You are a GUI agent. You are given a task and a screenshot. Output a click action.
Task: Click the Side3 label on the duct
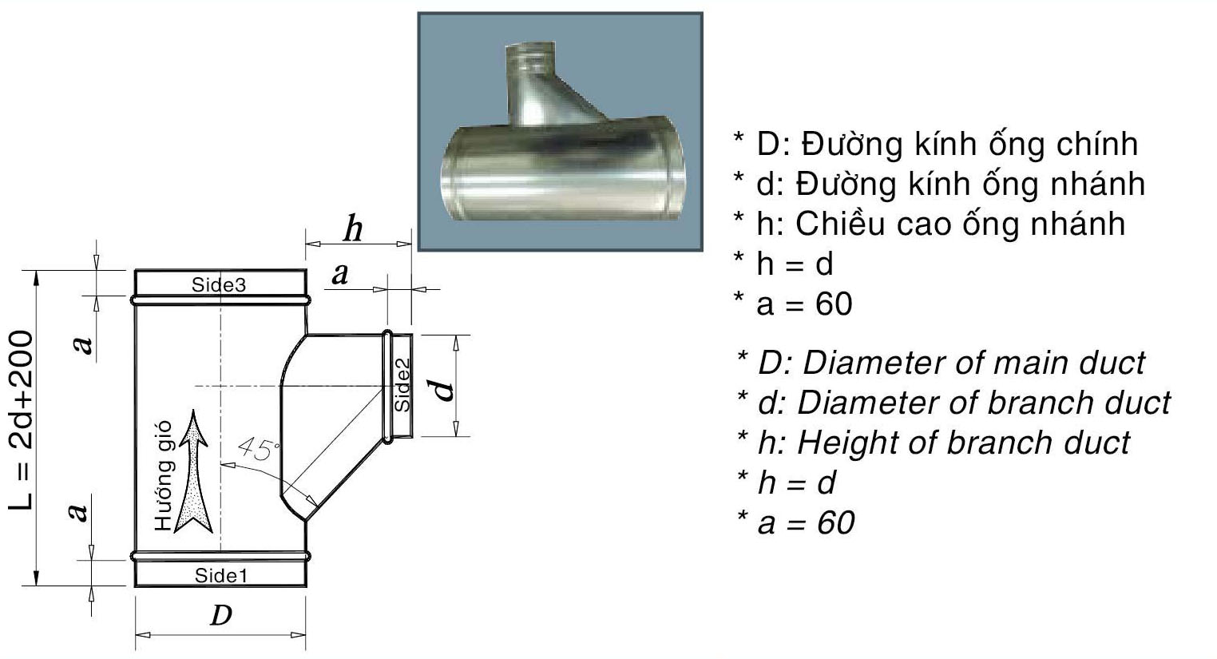pyautogui.click(x=219, y=284)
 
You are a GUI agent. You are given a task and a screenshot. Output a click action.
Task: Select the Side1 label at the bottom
pyautogui.click(x=222, y=575)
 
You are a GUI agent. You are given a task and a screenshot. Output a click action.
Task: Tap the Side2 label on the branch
pyautogui.click(x=403, y=385)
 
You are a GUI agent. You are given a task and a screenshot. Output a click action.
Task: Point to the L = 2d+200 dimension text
pyautogui.click(x=22, y=419)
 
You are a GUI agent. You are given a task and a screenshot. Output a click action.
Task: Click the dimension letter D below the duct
pyautogui.click(x=220, y=615)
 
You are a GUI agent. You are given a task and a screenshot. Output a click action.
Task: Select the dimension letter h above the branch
pyautogui.click(x=352, y=230)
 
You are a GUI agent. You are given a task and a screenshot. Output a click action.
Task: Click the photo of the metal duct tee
pyautogui.click(x=560, y=132)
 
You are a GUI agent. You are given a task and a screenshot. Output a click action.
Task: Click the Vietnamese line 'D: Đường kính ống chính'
pyautogui.click(x=935, y=144)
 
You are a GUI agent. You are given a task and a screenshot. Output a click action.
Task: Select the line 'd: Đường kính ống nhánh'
pyautogui.click(x=939, y=184)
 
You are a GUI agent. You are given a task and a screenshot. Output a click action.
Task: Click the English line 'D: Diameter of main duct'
pyautogui.click(x=941, y=363)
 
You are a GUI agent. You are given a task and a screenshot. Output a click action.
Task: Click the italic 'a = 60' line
pyautogui.click(x=795, y=522)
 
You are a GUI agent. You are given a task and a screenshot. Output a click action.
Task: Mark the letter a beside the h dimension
pyautogui.click(x=340, y=274)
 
